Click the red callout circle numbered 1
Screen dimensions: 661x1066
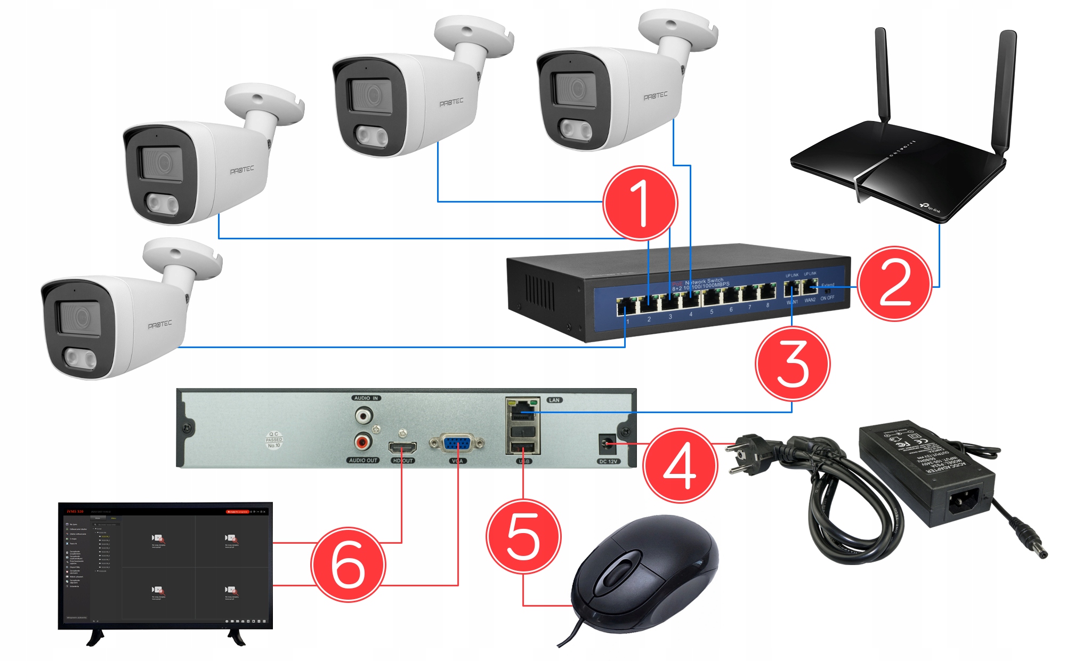click(x=640, y=203)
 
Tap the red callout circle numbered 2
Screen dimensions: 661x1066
click(x=895, y=284)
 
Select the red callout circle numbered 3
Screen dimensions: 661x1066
click(x=793, y=364)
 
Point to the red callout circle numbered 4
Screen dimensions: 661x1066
click(x=680, y=464)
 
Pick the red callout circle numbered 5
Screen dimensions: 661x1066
click(x=523, y=536)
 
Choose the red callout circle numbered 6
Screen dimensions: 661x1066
click(x=348, y=564)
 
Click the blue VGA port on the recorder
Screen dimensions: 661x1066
click(x=457, y=444)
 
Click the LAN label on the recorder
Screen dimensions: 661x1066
click(x=554, y=400)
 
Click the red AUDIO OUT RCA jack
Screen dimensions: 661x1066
click(x=363, y=441)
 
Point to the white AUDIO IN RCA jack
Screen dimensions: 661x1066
click(x=364, y=415)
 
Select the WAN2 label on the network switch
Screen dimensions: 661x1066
click(x=810, y=300)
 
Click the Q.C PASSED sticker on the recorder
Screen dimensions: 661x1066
click(x=274, y=440)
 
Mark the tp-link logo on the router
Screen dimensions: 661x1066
click(x=930, y=208)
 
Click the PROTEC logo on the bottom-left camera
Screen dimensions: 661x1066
click(x=160, y=324)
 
